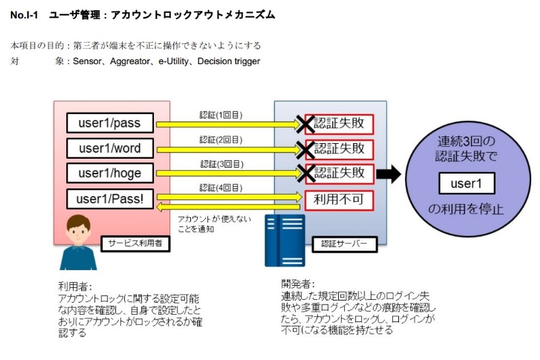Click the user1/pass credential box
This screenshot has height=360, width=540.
click(x=109, y=124)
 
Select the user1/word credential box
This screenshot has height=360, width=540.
click(x=109, y=148)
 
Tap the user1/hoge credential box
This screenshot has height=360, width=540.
click(x=109, y=173)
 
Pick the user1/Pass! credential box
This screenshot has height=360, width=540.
click(x=109, y=199)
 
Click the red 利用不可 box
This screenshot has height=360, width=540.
click(x=339, y=200)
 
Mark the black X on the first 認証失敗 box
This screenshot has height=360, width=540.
click(x=306, y=124)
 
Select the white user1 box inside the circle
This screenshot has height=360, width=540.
click(x=466, y=183)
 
